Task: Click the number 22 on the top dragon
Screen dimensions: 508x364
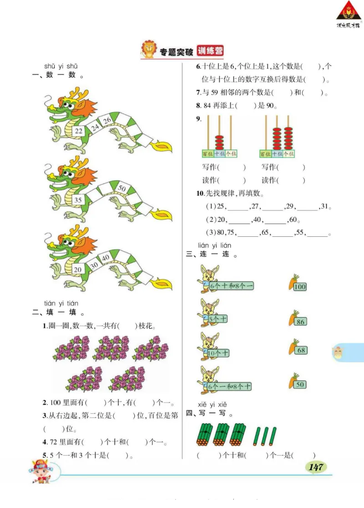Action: tap(79, 131)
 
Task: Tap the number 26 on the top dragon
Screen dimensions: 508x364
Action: tap(107, 120)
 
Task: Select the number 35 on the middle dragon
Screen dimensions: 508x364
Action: tap(78, 199)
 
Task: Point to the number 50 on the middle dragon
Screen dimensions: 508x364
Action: tap(121, 188)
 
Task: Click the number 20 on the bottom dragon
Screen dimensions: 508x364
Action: tap(78, 269)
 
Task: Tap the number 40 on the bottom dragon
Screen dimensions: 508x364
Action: tap(106, 258)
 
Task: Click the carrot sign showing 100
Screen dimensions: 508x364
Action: tap(300, 286)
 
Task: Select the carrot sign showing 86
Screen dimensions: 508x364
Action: tap(300, 322)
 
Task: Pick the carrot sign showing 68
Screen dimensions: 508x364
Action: tap(300, 350)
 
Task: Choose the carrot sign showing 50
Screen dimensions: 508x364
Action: tap(300, 384)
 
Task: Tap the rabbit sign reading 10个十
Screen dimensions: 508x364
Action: tap(218, 353)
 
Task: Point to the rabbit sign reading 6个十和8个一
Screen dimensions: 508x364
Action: tap(232, 286)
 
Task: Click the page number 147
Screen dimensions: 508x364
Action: tap(315, 467)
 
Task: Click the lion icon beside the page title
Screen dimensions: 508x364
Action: tap(148, 50)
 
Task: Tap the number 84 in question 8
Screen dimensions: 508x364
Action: tap(207, 106)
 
